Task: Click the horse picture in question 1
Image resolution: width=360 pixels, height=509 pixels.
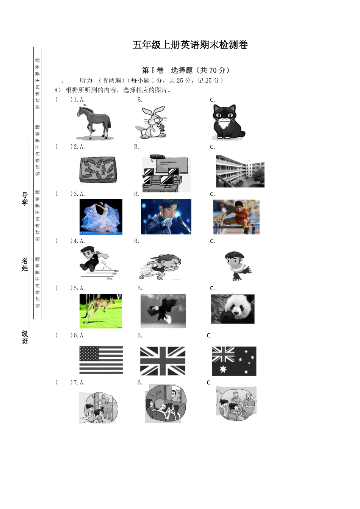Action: click(x=94, y=123)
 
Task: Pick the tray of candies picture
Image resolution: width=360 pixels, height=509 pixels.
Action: click(x=97, y=170)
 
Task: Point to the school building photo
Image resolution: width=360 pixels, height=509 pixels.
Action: click(x=240, y=171)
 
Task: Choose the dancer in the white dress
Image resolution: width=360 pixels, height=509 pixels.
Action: click(x=101, y=217)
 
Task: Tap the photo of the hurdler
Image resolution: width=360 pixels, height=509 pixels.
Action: click(x=236, y=217)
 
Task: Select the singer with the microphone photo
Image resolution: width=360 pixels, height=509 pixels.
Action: click(x=166, y=217)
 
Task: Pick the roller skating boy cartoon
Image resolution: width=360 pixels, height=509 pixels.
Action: click(x=237, y=265)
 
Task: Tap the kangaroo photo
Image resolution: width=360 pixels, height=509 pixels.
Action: click(x=100, y=311)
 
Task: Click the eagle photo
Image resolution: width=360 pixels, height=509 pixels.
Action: click(x=163, y=311)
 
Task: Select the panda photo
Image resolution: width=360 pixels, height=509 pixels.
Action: click(x=233, y=309)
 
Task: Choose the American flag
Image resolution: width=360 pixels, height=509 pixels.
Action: click(x=101, y=360)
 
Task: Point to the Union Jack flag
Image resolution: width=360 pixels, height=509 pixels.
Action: click(x=163, y=361)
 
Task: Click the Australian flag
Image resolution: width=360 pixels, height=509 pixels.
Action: click(x=234, y=361)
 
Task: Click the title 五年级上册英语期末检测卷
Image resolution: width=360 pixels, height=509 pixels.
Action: click(x=190, y=45)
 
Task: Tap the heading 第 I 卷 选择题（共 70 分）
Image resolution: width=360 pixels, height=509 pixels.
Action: click(x=186, y=70)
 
